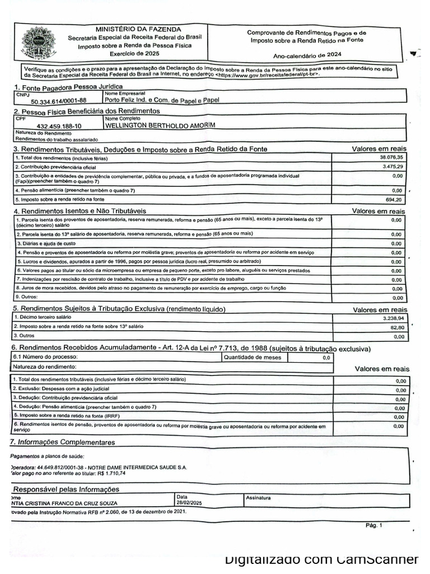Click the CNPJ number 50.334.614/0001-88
58,101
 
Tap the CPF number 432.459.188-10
58,127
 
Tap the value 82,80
396,327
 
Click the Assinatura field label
258,497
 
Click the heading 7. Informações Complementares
63,442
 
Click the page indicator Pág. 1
373,525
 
